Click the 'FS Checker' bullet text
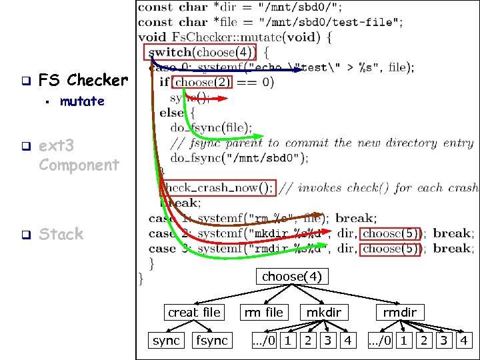tap(83, 81)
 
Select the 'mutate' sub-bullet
tap(82, 101)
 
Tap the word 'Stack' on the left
tap(61, 234)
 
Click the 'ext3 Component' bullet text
tap(79, 154)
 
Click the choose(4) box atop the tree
tap(291, 276)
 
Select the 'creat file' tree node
tap(193, 312)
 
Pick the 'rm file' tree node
tap(263, 312)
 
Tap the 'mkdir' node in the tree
tap(323, 312)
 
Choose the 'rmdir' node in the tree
tap(399, 312)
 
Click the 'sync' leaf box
tap(166, 341)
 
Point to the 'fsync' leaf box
tap(211, 341)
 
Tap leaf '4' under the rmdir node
tap(465, 341)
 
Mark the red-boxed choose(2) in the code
tap(203, 83)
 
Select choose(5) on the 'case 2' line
tap(391, 233)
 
